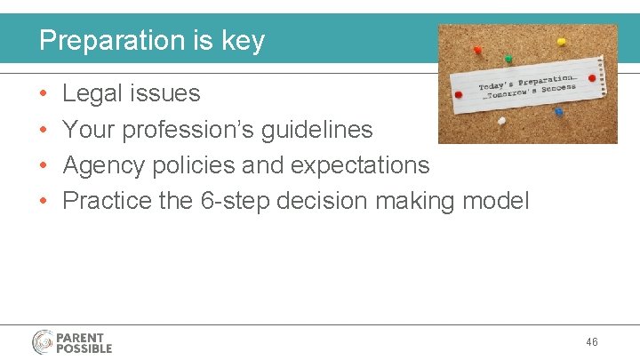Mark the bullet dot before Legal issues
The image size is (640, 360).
(x=44, y=94)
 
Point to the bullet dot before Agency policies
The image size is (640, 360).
(x=44, y=166)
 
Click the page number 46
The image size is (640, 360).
(x=593, y=342)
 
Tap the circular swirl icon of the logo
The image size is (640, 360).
(x=43, y=342)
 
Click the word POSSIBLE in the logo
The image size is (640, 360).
(x=84, y=348)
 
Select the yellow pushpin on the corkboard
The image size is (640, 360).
(x=561, y=41)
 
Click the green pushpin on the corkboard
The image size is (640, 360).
(x=508, y=59)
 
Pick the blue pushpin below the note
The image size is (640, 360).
(x=558, y=112)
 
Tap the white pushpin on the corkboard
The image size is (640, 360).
(x=502, y=120)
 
